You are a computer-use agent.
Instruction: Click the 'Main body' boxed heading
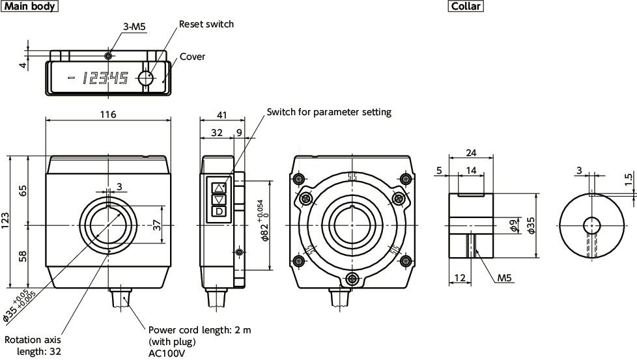[x=30, y=7]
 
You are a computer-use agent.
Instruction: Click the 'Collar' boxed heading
[x=465, y=7]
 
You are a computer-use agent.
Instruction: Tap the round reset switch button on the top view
[x=145, y=78]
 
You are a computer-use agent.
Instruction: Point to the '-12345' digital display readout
[x=98, y=79]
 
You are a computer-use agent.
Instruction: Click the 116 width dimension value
[x=108, y=115]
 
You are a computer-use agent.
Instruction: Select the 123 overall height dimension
[x=6, y=221]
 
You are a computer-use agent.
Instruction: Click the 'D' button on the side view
[x=219, y=211]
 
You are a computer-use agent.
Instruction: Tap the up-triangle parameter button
[x=219, y=187]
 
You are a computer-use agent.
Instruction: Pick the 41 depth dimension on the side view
[x=222, y=115]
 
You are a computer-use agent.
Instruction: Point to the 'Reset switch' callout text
[x=206, y=24]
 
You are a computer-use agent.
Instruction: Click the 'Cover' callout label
[x=192, y=57]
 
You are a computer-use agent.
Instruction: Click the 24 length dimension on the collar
[x=472, y=154]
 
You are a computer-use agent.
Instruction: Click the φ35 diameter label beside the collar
[x=531, y=225]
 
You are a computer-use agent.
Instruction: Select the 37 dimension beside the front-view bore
[x=156, y=225]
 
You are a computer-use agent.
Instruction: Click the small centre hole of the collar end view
[x=592, y=225]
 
